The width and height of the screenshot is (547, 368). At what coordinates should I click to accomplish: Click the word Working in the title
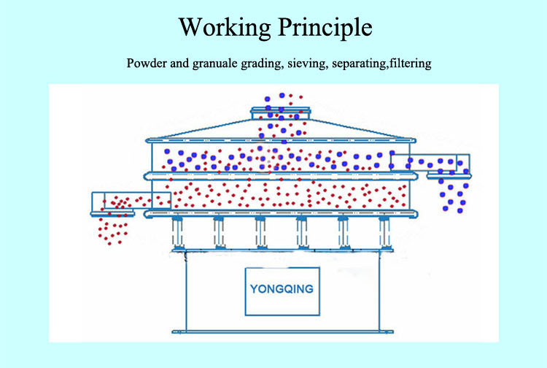click(x=225, y=28)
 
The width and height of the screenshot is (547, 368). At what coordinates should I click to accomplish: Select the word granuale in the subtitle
click(x=217, y=64)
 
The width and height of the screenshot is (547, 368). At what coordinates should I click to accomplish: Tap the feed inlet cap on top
click(x=282, y=112)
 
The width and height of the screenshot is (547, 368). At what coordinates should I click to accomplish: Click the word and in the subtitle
click(x=179, y=64)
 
